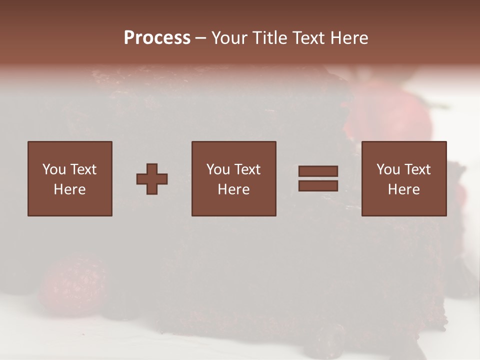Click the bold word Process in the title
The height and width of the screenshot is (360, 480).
point(157,38)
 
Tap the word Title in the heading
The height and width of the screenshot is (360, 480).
point(270,38)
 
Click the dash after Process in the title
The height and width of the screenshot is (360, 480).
point(201,38)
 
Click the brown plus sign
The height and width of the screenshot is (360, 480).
point(152,178)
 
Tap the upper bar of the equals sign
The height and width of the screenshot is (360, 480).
point(318,171)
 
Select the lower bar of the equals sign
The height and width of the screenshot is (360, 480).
point(318,186)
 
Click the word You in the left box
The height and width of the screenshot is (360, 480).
point(53,169)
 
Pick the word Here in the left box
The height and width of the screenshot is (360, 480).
point(69,189)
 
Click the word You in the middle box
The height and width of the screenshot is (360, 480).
point(218,169)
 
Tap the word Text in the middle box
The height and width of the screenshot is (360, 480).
point(247,169)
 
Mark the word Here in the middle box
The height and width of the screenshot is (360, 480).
point(233,189)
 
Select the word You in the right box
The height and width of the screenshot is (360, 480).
point(388,169)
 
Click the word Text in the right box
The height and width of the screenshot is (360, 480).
point(417,169)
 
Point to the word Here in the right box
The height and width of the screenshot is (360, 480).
point(403,189)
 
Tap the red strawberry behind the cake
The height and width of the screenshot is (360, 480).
point(395,115)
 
